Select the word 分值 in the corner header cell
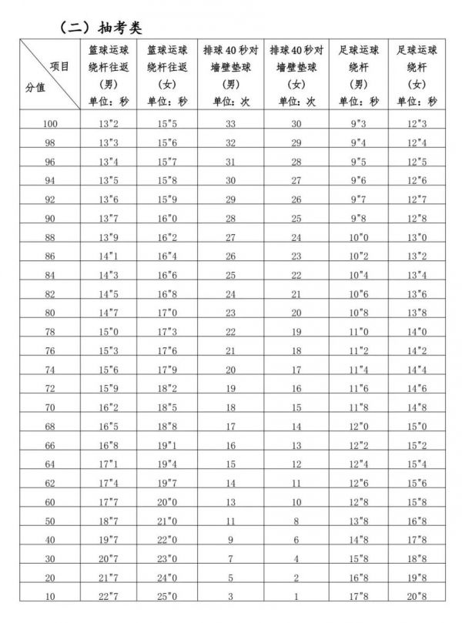(x=35, y=87)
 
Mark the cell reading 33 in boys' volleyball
(x=230, y=123)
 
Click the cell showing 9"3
(x=359, y=123)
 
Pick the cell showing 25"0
(x=168, y=596)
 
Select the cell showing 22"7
(x=107, y=596)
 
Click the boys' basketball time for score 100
(x=107, y=123)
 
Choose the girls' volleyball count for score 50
(x=297, y=521)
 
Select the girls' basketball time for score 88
(x=168, y=236)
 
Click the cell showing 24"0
(x=168, y=577)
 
